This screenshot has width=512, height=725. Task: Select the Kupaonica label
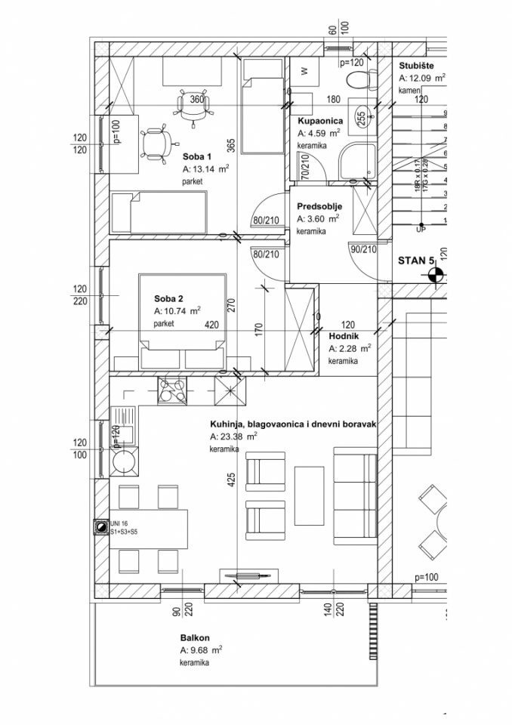point(320,121)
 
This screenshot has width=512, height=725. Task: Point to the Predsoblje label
point(319,205)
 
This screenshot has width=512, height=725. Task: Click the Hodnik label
point(343,335)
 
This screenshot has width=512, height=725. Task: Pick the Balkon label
point(194,637)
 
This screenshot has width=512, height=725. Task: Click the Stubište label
point(416,66)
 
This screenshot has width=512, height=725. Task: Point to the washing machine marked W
point(304,71)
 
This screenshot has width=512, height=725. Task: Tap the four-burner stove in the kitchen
point(172,390)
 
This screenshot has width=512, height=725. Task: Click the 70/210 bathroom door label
point(304,166)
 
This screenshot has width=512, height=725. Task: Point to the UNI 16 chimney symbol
point(99,528)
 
